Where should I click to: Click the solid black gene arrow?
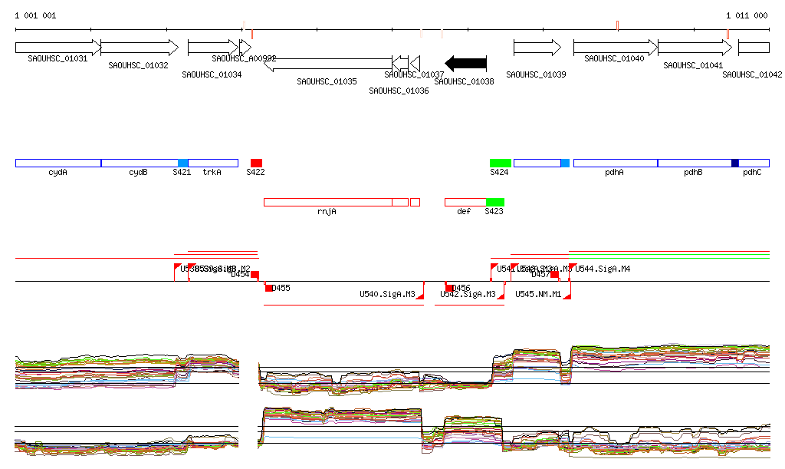pos(466,63)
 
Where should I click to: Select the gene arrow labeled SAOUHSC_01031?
pos(57,48)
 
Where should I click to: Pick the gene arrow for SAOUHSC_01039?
pos(537,48)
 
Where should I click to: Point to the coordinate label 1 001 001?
pos(35,15)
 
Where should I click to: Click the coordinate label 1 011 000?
pos(747,15)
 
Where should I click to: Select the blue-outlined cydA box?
pos(58,163)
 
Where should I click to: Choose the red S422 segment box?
pos(256,163)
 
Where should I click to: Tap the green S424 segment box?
pos(500,163)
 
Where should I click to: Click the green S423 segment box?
pos(494,202)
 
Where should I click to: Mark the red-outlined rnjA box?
pos(327,202)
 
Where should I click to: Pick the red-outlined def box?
pos(465,202)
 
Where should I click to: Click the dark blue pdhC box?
pos(735,163)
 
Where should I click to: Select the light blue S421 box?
pos(182,163)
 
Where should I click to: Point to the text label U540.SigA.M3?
pos(387,294)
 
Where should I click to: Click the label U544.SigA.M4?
pos(603,269)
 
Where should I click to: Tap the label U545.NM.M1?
pos(538,294)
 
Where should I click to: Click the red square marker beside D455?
pos(269,288)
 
